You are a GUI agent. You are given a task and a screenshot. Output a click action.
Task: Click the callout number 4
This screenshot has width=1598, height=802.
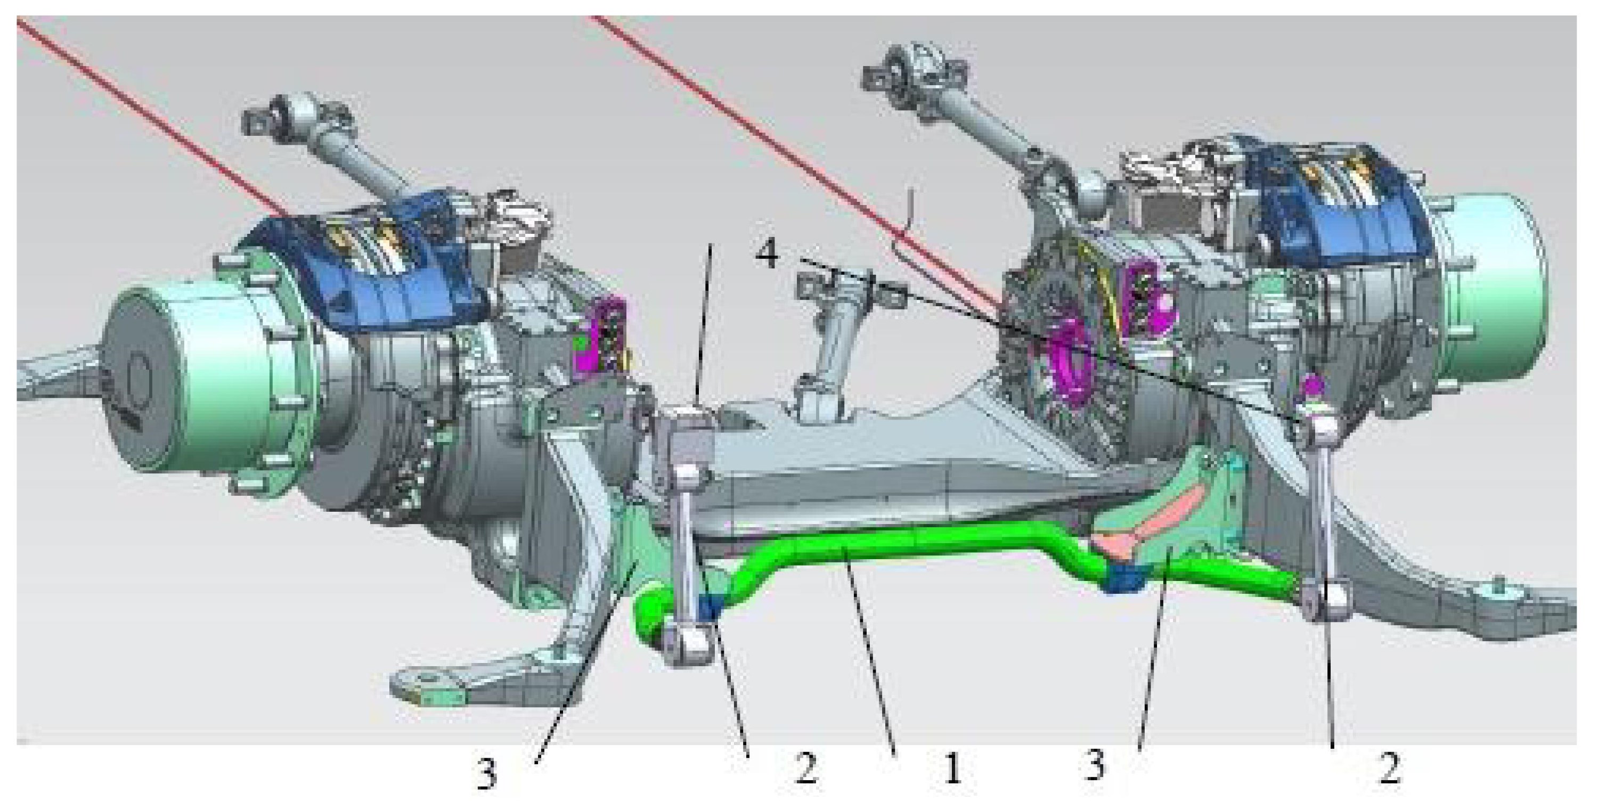(x=768, y=255)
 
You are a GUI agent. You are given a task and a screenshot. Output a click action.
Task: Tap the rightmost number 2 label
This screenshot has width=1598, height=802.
(x=1389, y=769)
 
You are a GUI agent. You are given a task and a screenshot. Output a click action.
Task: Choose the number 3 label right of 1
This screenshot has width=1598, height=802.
(x=1096, y=764)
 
